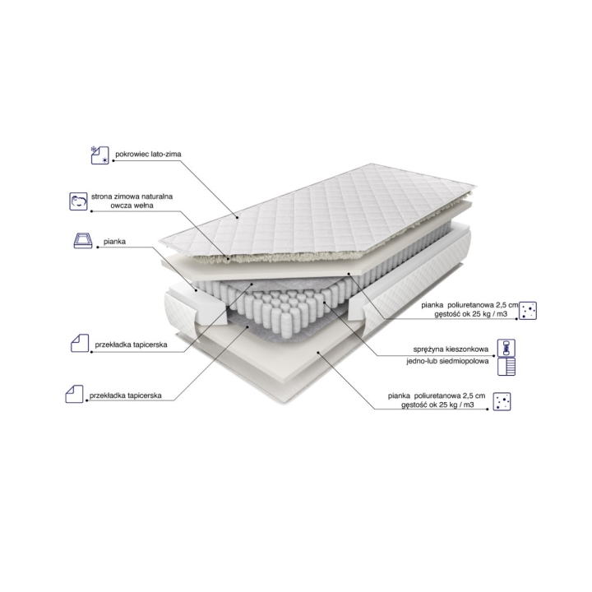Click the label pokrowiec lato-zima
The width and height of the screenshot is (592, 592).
148,154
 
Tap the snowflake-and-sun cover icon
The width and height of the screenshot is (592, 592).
99,155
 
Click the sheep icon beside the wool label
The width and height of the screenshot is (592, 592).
78,201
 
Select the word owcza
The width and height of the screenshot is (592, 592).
120,206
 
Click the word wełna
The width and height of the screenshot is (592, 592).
143,206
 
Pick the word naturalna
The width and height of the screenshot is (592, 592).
158,197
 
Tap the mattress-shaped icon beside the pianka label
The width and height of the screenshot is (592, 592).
83,240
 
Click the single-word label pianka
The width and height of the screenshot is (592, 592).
114,242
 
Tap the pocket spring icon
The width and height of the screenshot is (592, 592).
506,348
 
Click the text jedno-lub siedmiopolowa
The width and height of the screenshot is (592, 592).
447,361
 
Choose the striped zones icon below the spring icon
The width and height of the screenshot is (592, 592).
506,366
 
